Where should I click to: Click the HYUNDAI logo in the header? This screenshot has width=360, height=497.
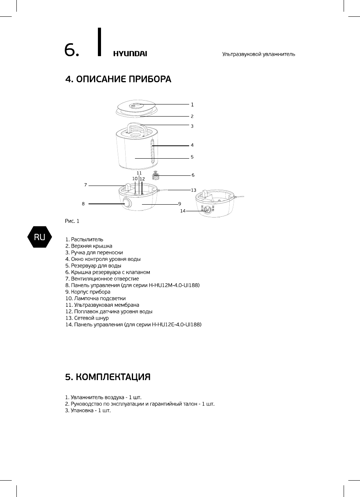pos(130,54)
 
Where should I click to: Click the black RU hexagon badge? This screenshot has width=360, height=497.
pos(39,237)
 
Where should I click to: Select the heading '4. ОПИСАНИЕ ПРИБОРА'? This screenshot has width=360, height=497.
pos(118,80)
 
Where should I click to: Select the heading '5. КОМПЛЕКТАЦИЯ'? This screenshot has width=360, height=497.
pos(108,377)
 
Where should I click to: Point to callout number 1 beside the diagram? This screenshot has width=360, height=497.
pos(192,104)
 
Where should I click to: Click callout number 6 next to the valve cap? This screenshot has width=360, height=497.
pos(193,175)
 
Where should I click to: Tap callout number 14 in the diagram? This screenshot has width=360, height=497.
pos(183,211)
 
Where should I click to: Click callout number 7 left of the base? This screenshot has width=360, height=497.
pos(85,185)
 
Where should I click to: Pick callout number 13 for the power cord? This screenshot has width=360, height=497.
pos(193,190)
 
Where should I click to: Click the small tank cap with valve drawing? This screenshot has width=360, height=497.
pos(157,175)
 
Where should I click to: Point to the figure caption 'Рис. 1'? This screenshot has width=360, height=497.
pos(72,221)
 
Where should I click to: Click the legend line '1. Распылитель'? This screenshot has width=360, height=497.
pos(84,239)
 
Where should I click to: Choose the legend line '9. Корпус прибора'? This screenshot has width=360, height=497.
pos(88,292)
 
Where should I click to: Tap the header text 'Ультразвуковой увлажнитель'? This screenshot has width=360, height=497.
pos(258,54)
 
